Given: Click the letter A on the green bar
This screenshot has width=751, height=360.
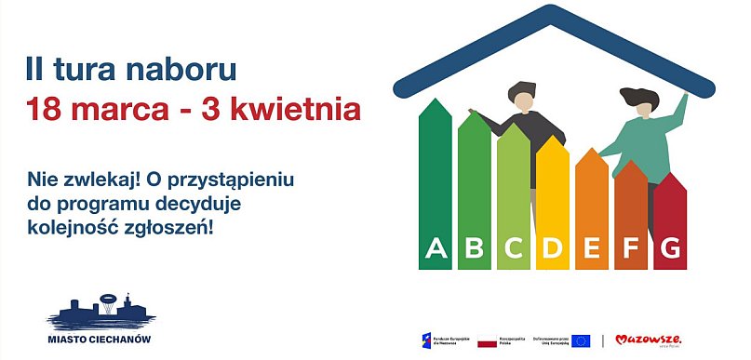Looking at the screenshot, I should click(436, 248).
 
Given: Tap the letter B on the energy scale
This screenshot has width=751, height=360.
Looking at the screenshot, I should click(475, 248).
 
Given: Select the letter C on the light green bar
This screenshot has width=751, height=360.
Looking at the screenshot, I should click(514, 248).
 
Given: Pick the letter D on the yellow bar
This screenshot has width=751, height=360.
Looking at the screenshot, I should click(553, 248).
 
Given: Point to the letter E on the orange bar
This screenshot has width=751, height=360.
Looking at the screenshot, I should click(592, 248).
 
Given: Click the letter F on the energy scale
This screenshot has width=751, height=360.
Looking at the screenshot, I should click(631, 248).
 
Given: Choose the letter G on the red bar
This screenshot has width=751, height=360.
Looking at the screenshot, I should click(670, 248).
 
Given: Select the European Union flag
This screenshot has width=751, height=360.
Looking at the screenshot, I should click(581, 340).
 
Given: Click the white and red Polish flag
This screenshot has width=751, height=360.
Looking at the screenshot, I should click(487, 341).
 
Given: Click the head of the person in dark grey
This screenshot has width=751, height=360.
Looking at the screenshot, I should click(522, 95).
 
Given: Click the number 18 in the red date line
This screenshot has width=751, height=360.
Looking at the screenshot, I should click(44, 110).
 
